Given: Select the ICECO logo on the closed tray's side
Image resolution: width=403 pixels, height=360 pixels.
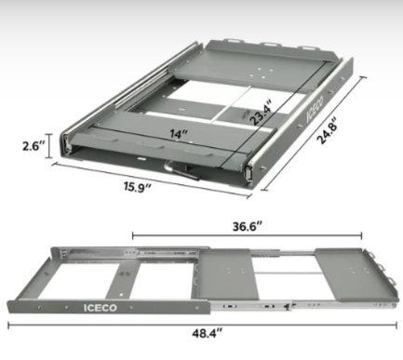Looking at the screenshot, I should click(316, 118).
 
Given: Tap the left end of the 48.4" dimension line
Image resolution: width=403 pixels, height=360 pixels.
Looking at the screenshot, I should click(8, 327).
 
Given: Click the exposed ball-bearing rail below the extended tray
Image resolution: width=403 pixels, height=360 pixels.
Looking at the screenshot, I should click(251, 300).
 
